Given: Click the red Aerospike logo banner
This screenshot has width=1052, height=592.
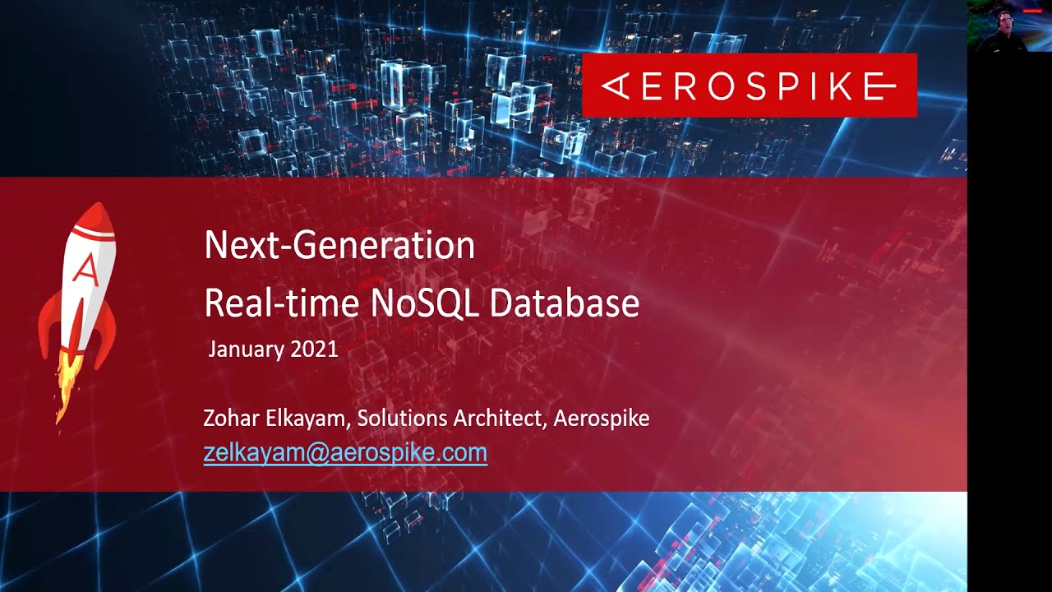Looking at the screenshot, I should click(749, 85).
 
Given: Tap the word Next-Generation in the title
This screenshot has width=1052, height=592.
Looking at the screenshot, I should click(339, 246).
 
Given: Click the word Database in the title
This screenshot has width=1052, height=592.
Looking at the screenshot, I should click(565, 303).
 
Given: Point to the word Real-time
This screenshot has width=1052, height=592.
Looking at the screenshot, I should click(281, 303).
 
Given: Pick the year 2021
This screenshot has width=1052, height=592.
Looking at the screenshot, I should click(313, 349).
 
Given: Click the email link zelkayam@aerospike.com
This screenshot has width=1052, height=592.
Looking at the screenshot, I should click(345, 452).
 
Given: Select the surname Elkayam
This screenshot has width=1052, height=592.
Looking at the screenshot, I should click(307, 419).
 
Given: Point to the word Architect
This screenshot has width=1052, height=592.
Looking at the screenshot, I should click(500, 419).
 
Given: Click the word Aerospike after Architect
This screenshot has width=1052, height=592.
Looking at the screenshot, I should click(602, 419).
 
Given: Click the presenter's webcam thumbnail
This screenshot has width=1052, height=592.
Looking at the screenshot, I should click(1008, 26).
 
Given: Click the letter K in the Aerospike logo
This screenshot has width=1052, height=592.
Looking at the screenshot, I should click(822, 86).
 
